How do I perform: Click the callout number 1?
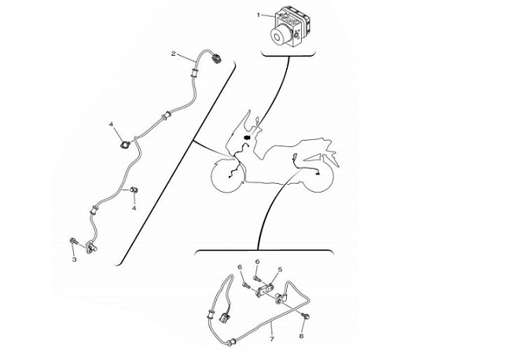(x=259, y=15)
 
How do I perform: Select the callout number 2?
(x=173, y=53)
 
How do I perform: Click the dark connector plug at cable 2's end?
(x=215, y=59)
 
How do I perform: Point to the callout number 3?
(x=75, y=259)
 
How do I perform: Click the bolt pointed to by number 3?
(x=73, y=241)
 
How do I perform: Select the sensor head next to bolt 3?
(x=90, y=247)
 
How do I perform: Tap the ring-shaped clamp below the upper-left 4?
(x=124, y=145)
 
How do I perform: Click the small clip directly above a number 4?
(x=134, y=189)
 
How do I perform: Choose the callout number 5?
(x=280, y=270)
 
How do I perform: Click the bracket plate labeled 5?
(x=265, y=289)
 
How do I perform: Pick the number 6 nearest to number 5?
(x=257, y=262)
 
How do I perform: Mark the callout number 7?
(x=272, y=339)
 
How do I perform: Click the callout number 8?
(x=301, y=336)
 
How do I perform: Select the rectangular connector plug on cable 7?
(x=224, y=318)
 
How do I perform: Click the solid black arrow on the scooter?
(x=247, y=138)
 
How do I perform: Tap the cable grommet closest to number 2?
(x=195, y=72)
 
